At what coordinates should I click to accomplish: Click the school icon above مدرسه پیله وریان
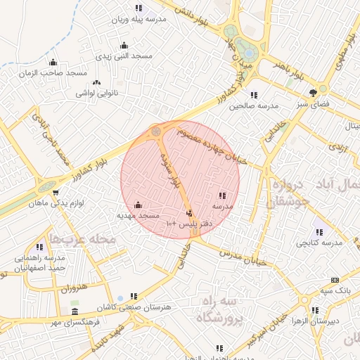(139, 8)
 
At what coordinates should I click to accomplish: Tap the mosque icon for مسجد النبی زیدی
(124, 46)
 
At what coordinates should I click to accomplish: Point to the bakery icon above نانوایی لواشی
(96, 82)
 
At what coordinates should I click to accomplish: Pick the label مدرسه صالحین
(257, 105)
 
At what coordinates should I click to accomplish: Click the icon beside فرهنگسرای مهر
(75, 311)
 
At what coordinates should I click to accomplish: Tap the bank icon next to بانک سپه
(335, 280)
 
